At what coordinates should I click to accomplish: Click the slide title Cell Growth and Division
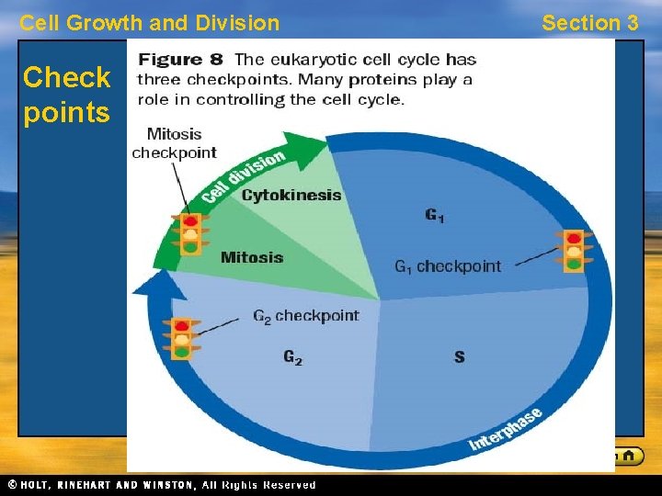click(149, 23)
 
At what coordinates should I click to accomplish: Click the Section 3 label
click(589, 23)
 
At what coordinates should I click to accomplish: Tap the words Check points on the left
click(66, 96)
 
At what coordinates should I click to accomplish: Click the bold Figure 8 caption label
click(180, 60)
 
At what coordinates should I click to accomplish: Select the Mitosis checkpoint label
click(174, 143)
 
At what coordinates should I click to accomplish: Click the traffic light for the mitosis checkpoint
click(190, 234)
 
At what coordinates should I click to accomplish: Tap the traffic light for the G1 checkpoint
click(574, 251)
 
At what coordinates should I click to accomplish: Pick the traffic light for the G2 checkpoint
click(181, 338)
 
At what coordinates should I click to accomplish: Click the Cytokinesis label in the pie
click(291, 195)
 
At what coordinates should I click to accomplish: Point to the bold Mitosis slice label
click(251, 257)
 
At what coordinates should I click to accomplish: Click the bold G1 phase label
click(435, 216)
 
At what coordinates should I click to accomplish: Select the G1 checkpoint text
click(448, 266)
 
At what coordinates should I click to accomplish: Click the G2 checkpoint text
click(305, 316)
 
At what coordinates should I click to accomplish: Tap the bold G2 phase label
click(292, 357)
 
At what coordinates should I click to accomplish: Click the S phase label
click(459, 356)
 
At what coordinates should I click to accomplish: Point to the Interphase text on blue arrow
click(506, 429)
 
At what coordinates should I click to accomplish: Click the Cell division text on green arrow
click(243, 176)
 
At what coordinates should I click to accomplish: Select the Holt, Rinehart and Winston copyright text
click(162, 485)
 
